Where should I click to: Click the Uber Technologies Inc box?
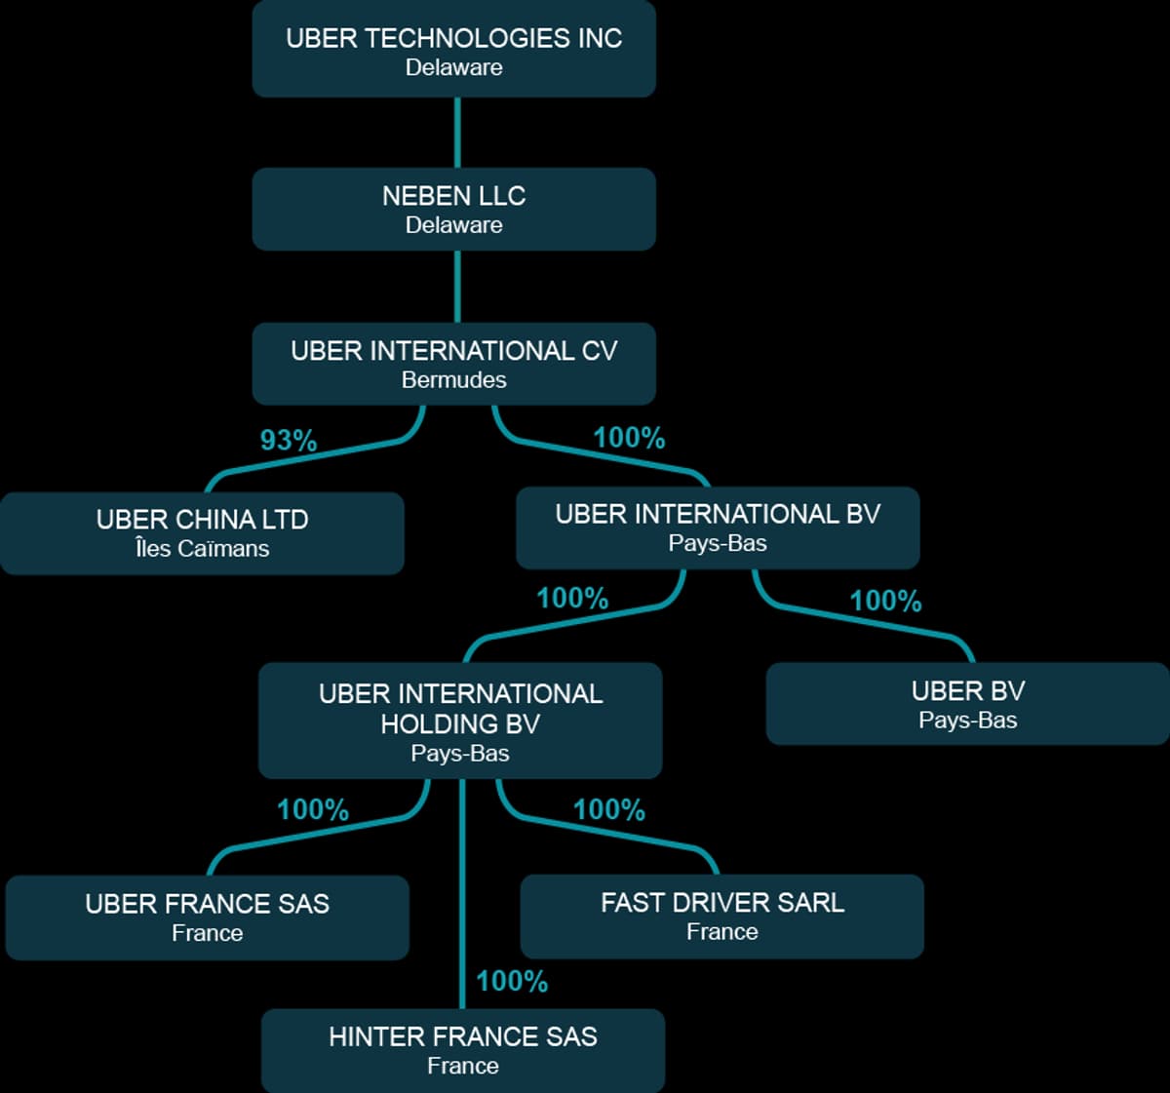click(453, 49)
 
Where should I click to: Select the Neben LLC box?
click(453, 209)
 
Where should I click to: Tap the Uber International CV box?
click(453, 363)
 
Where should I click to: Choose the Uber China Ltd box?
click(202, 532)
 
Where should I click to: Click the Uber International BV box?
click(718, 527)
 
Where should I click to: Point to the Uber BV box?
click(967, 703)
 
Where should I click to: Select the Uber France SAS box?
click(207, 917)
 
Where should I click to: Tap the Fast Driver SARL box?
click(721, 916)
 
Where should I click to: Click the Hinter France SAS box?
click(463, 1049)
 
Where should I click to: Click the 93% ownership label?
click(289, 441)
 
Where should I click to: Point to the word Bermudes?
click(454, 380)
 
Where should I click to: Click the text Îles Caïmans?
click(202, 549)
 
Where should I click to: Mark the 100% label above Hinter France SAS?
click(512, 981)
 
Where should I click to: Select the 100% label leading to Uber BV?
click(885, 601)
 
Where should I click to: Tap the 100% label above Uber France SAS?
click(313, 809)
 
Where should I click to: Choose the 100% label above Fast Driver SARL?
click(608, 809)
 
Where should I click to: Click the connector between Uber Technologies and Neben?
click(457, 133)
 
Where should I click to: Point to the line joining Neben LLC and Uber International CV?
click(457, 287)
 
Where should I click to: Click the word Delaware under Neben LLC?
click(454, 225)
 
